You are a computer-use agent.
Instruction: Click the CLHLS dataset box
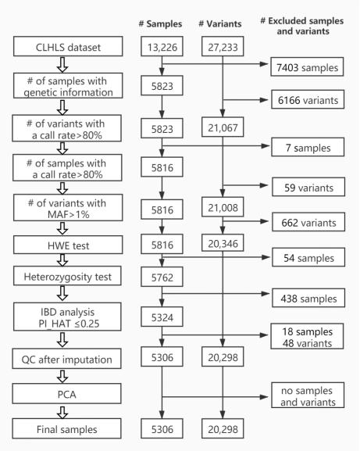coord(68,46)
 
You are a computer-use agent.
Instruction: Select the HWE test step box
coord(68,245)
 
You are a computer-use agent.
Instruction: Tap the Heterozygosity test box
coord(67,276)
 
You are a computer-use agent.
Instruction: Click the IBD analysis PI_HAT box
coord(67,317)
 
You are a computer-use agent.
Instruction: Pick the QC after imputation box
coord(66,359)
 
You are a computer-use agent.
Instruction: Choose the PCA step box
coord(66,393)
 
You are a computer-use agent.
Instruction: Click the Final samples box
coord(66,428)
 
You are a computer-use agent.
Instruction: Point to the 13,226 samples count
coord(162,46)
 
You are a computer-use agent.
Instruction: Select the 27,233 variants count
coord(223,46)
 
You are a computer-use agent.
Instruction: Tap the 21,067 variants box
coord(223,127)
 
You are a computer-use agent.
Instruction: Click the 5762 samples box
coord(162,277)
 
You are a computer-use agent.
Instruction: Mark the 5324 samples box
coord(162,317)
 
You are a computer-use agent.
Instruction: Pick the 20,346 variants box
coord(223,243)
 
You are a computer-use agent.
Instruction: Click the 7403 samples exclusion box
coord(307,66)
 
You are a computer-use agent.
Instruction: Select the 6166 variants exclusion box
coord(308,99)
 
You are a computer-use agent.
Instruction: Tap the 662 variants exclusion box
coord(308,222)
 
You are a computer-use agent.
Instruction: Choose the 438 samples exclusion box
coord(308,298)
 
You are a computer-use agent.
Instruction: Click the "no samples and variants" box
coord(308,396)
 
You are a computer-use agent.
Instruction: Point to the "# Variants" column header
coord(220,23)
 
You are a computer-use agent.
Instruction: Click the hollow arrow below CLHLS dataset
coord(62,64)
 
